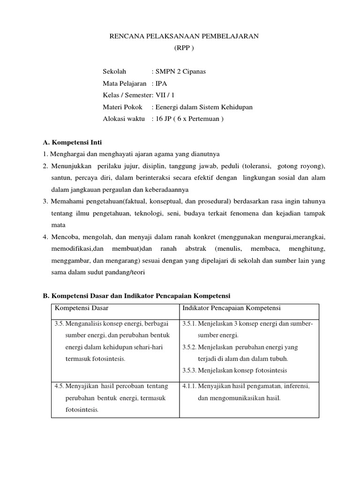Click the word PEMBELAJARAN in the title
[228, 36]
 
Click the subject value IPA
[161, 83]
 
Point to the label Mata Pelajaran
[124, 83]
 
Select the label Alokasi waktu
[124, 119]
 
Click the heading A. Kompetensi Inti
[75, 142]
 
